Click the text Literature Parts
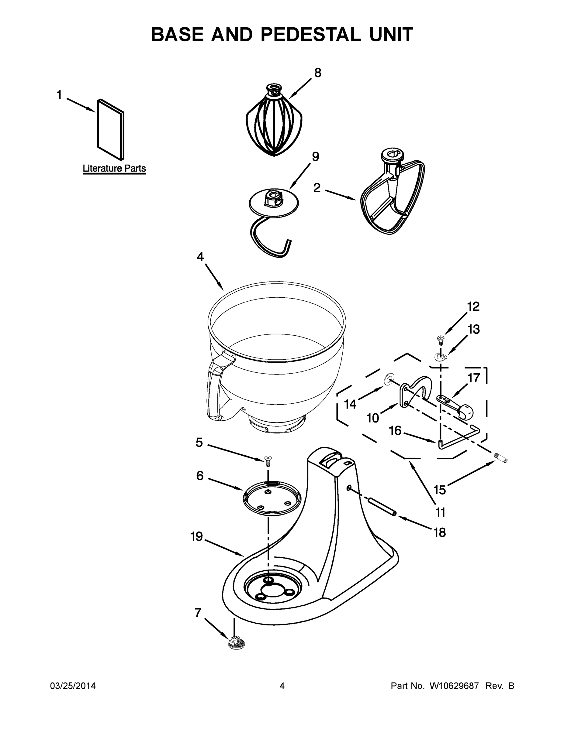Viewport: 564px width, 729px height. coord(114,169)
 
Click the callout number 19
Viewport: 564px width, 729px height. coord(196,537)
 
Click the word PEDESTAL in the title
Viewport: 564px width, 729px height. coord(310,34)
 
